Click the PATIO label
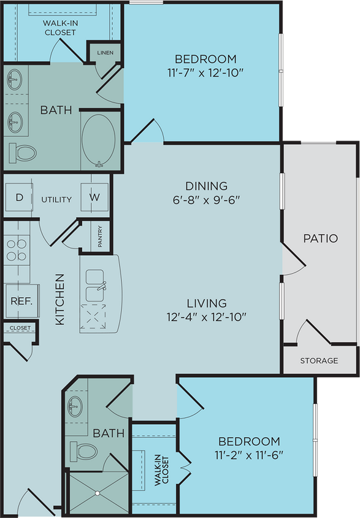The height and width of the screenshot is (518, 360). (x=320, y=238)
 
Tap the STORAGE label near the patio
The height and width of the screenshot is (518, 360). (x=319, y=360)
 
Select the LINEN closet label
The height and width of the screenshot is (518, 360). (x=105, y=53)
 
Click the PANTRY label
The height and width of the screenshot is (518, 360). (x=100, y=237)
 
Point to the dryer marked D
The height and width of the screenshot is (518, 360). (x=19, y=198)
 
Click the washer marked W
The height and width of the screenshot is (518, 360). (x=94, y=198)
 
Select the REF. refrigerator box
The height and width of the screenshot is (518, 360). (x=17, y=301)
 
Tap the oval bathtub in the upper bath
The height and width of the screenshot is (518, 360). (x=99, y=139)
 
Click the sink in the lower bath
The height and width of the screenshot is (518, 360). (x=75, y=406)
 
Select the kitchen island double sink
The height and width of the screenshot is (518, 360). (x=97, y=284)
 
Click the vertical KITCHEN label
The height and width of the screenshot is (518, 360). (x=59, y=300)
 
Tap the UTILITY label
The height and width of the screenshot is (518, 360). (x=56, y=199)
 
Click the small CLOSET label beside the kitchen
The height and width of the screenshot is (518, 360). (x=20, y=328)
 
